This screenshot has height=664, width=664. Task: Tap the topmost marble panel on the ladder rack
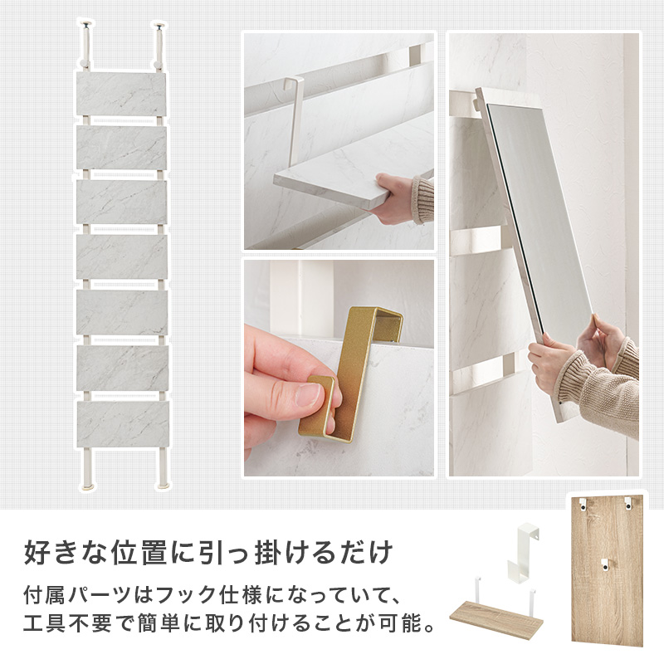[120, 95]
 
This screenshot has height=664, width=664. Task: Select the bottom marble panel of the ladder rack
[123, 423]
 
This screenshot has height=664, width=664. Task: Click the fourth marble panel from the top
[122, 256]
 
